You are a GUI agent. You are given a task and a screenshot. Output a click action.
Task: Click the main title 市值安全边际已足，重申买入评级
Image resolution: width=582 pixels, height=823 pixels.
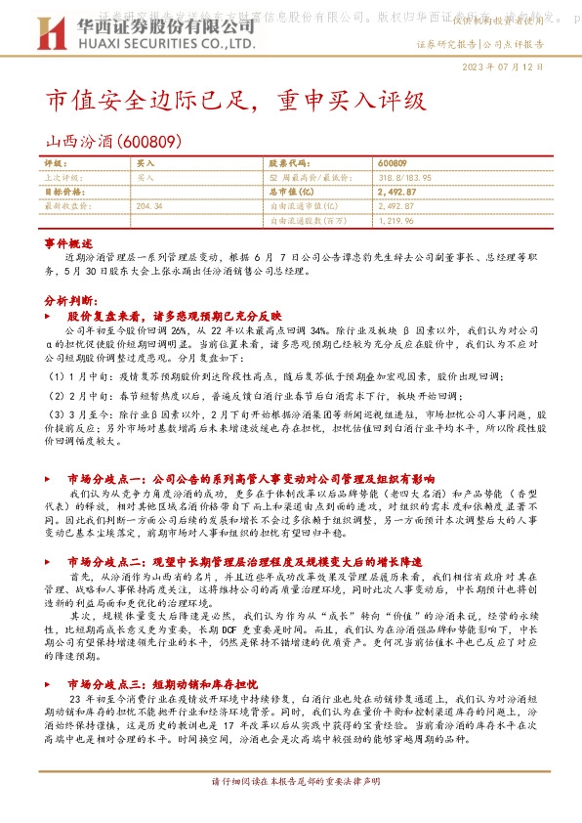tap(235, 101)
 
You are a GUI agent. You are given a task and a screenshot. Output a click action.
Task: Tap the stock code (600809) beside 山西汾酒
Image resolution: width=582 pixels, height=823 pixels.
tap(144, 141)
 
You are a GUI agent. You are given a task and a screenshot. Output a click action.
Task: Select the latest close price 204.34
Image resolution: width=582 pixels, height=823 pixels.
tap(149, 207)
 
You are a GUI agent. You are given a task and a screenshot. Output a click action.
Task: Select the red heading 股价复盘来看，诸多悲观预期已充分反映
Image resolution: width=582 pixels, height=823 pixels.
tap(174, 317)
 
